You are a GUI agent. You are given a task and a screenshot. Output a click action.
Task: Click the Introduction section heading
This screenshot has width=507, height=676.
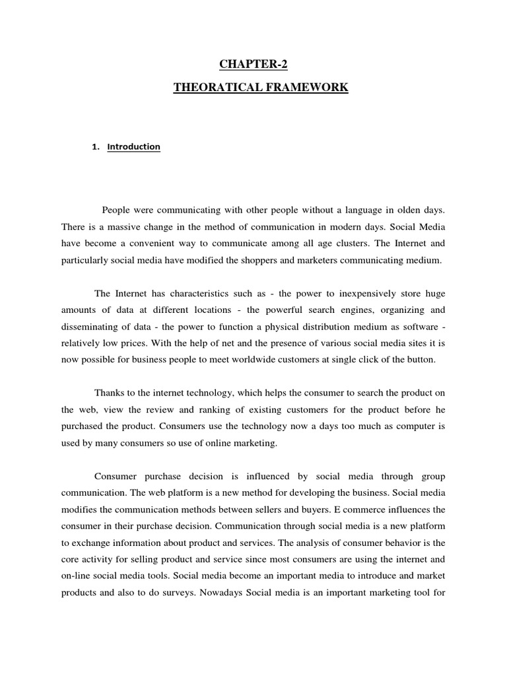click(x=135, y=147)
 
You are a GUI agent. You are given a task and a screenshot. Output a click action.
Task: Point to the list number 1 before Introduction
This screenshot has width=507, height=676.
click(x=95, y=147)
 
